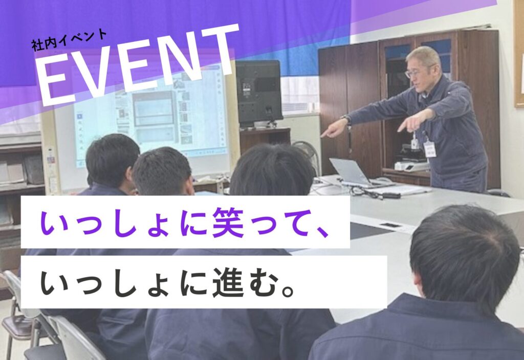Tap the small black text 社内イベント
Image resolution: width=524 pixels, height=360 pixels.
pos(69,40)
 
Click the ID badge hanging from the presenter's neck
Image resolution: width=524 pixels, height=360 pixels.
pos(429,149)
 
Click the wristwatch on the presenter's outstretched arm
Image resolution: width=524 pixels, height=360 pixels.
pos(346,119)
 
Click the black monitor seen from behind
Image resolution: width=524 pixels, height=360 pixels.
pos(258,92)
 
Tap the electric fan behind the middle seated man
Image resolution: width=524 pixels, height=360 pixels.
pos(307,153)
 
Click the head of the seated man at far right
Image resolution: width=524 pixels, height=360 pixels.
pos(465,257)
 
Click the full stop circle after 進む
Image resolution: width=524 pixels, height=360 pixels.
pos(288,290)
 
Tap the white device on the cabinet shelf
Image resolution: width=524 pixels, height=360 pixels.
pos(410,165)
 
